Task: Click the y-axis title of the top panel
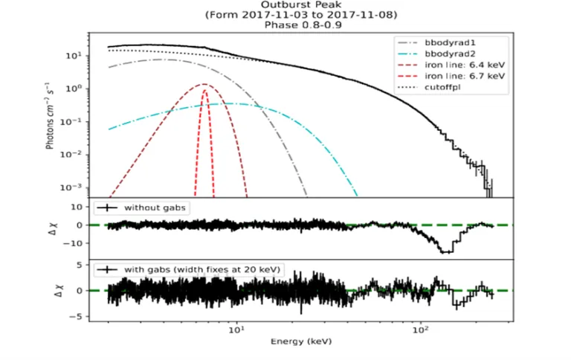(53, 116)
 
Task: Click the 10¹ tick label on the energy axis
(236, 330)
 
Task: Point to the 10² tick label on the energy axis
(421, 330)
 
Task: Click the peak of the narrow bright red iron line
(204, 90)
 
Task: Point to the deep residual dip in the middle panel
(445, 252)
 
